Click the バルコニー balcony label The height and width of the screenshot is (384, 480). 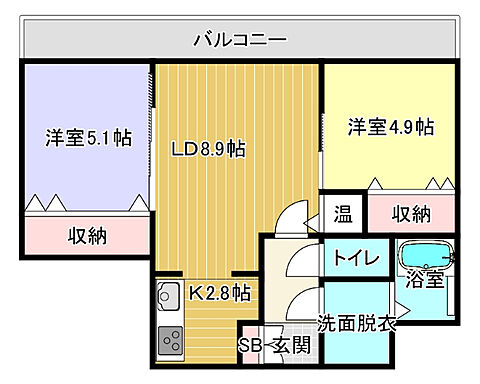pyautogui.click(x=240, y=40)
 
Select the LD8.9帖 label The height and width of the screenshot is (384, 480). pyautogui.click(x=208, y=150)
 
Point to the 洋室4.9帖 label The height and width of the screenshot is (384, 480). pyautogui.click(x=390, y=127)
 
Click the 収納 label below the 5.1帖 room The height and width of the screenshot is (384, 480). pyautogui.click(x=88, y=237)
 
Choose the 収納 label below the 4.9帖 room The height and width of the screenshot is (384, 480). pyautogui.click(x=410, y=213)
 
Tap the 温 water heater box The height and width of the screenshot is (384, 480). pyautogui.click(x=342, y=213)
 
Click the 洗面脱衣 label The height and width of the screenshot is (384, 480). pyautogui.click(x=357, y=323)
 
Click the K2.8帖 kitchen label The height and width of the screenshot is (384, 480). pyautogui.click(x=219, y=293)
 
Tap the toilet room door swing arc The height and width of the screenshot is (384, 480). pyautogui.click(x=301, y=262)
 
